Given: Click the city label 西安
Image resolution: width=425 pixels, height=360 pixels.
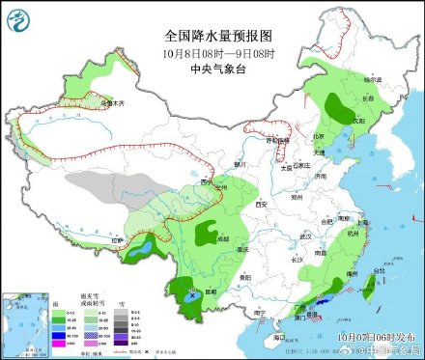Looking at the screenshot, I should pyautogui.click(x=260, y=205).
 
